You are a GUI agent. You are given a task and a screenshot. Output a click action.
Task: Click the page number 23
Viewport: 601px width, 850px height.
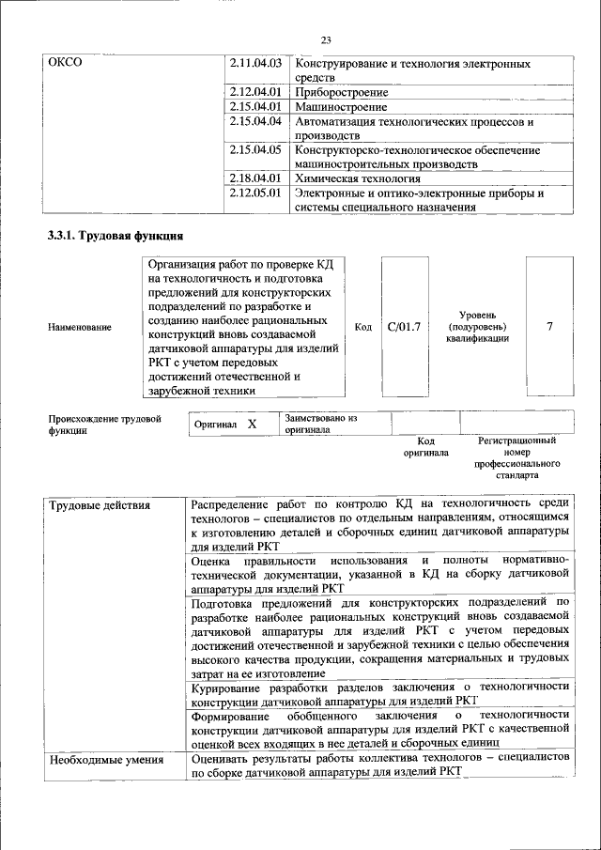tap(327, 39)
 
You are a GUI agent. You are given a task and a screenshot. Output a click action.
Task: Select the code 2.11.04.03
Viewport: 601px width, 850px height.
tap(255, 63)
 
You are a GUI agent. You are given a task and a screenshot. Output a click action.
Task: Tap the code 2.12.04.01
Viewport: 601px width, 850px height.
tap(255, 93)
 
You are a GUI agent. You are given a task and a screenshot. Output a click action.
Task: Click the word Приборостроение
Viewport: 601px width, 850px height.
tap(342, 93)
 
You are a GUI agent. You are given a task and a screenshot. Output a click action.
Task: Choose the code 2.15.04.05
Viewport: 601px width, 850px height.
tap(255, 149)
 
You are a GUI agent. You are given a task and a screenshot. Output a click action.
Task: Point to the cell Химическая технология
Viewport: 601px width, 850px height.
tap(358, 178)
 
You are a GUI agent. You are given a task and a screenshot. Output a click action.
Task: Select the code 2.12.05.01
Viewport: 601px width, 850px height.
tap(255, 193)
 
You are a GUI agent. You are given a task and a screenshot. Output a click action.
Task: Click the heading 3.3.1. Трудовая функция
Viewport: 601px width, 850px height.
tap(116, 235)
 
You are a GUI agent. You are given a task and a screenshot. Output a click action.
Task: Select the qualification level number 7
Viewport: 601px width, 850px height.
tap(549, 326)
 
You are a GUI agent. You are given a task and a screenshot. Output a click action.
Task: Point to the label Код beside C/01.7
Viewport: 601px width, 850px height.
tap(363, 327)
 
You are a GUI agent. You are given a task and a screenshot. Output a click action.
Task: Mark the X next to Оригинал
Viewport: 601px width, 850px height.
tap(252, 425)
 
